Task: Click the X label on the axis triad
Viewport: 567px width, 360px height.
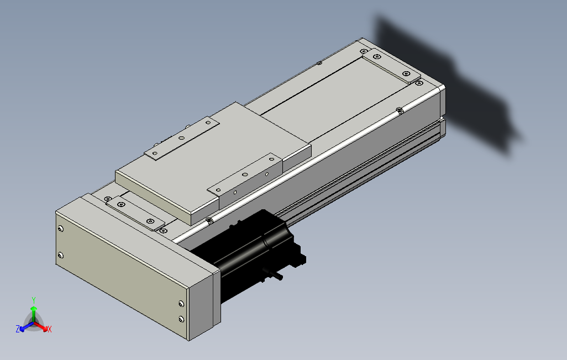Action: tap(49, 329)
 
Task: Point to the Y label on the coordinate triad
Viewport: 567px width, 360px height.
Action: tap(34, 299)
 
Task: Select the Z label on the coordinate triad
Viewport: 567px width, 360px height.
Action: tap(18, 329)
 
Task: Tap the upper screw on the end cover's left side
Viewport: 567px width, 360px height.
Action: tap(60, 229)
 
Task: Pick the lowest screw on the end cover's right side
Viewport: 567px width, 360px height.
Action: tap(181, 319)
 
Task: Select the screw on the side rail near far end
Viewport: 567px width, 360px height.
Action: tap(400, 110)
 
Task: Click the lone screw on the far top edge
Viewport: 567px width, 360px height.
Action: tap(319, 63)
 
